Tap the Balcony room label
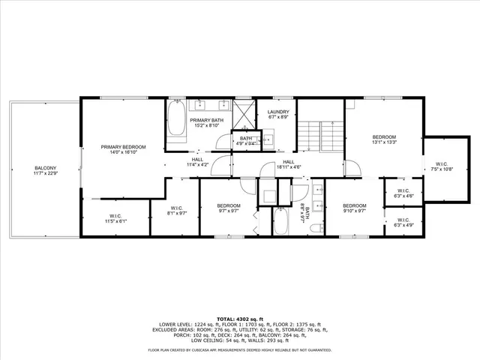(45, 170)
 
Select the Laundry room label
(278, 114)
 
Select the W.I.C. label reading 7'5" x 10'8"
(440, 166)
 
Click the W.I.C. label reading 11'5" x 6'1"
(116, 219)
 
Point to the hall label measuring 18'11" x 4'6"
(289, 164)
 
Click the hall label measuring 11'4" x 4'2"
(197, 161)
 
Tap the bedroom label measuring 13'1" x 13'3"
(385, 139)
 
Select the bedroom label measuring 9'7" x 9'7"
(229, 208)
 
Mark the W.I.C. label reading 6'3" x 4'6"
(404, 193)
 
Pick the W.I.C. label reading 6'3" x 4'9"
(404, 222)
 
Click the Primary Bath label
(205, 122)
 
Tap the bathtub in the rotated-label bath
(280, 221)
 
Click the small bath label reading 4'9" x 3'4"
(246, 139)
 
